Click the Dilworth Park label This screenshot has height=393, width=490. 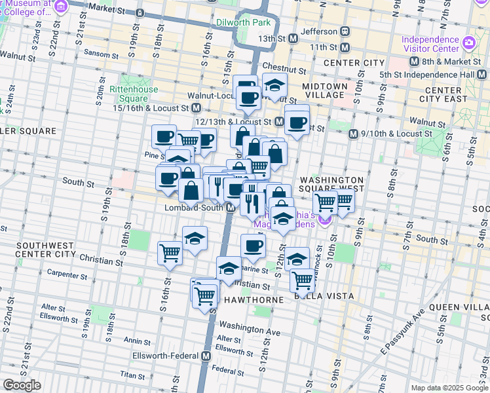point(243,22)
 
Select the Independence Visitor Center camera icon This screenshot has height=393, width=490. point(468,43)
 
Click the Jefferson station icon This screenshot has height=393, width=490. point(343,31)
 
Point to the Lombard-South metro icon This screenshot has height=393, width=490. point(231,208)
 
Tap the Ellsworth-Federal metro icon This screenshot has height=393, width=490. point(206,356)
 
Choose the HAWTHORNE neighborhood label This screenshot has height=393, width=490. point(254,299)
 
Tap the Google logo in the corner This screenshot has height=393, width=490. point(22,385)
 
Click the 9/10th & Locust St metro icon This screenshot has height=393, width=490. point(353,134)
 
